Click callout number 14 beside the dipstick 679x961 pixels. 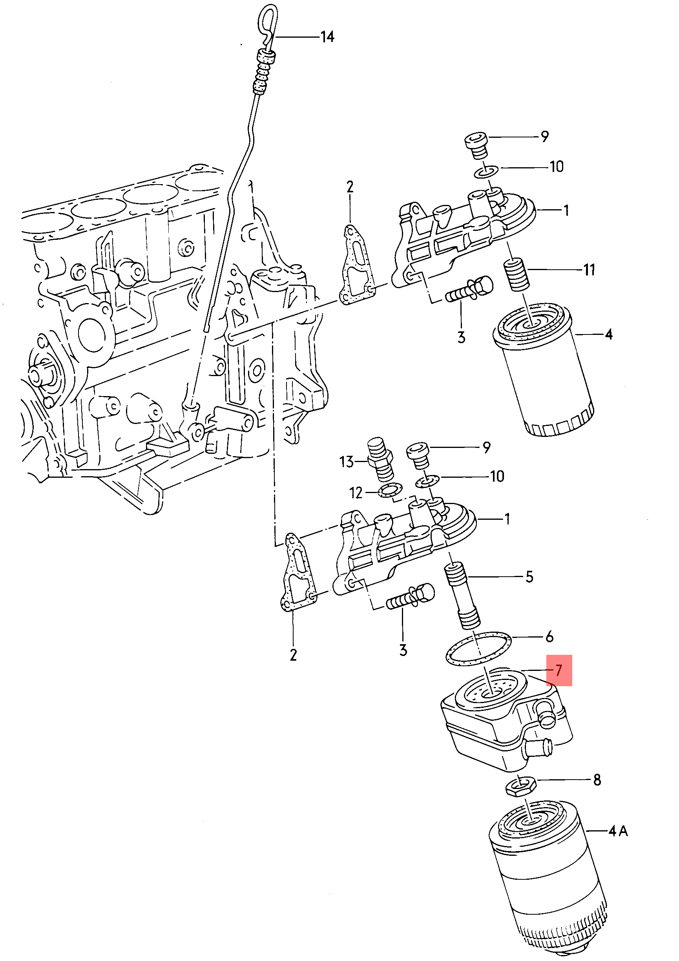[x=327, y=37]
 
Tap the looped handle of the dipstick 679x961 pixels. [x=266, y=24]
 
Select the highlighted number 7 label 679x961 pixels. [x=559, y=670]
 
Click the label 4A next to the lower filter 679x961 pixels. [x=618, y=830]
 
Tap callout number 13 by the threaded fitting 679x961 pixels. [x=347, y=462]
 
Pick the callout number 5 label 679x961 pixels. [x=529, y=577]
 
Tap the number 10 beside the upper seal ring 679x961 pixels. [x=556, y=167]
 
